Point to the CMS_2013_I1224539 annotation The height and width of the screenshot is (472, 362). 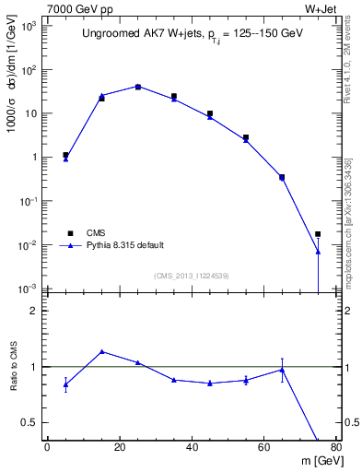(191, 276)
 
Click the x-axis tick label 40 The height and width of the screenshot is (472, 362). (192, 448)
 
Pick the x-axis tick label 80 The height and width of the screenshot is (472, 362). (336, 448)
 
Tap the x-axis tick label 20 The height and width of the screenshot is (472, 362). (120, 448)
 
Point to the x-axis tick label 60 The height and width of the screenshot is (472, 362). (264, 448)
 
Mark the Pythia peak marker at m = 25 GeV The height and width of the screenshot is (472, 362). (137, 87)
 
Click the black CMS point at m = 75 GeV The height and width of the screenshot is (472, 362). (318, 234)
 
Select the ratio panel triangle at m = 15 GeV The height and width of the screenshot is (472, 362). (101, 351)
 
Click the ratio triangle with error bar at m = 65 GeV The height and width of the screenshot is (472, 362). (282, 370)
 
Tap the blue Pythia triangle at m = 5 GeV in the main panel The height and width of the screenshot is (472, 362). (65, 159)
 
